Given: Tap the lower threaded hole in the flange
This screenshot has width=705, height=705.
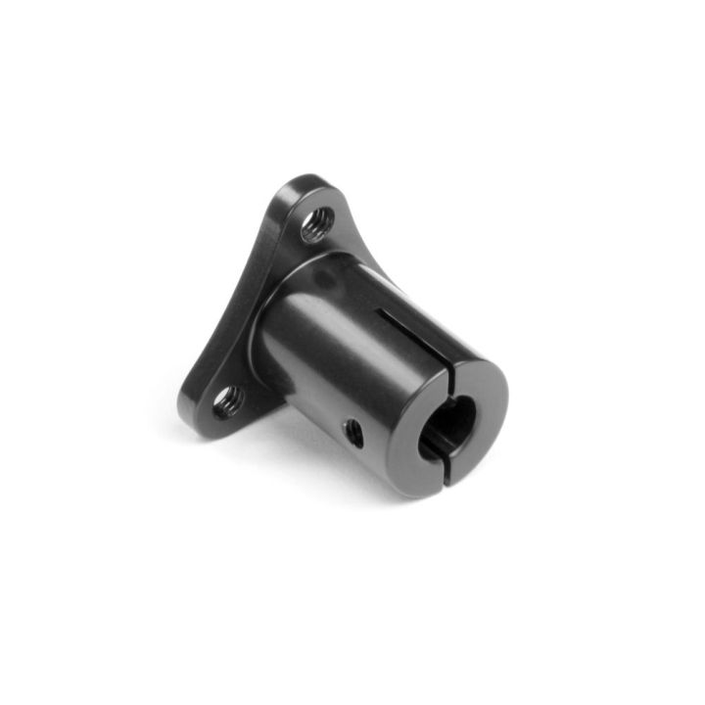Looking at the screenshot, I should tap(228, 400).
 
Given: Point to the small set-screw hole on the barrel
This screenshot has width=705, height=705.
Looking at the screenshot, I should tap(354, 432).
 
